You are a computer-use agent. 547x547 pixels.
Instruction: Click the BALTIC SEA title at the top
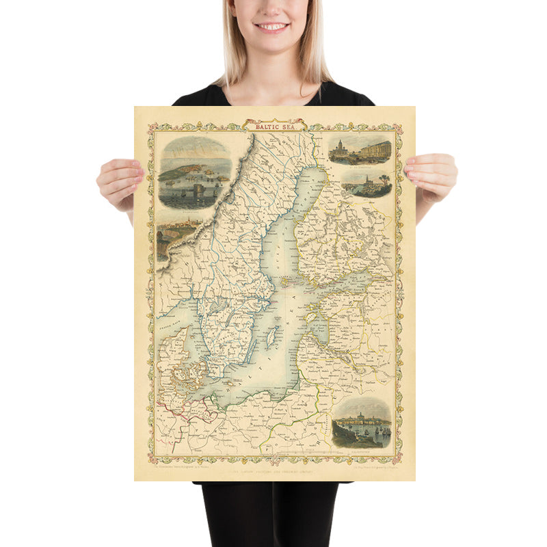[273, 126]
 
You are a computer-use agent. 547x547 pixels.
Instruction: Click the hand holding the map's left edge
[118, 181]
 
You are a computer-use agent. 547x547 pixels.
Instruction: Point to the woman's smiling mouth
[272, 27]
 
